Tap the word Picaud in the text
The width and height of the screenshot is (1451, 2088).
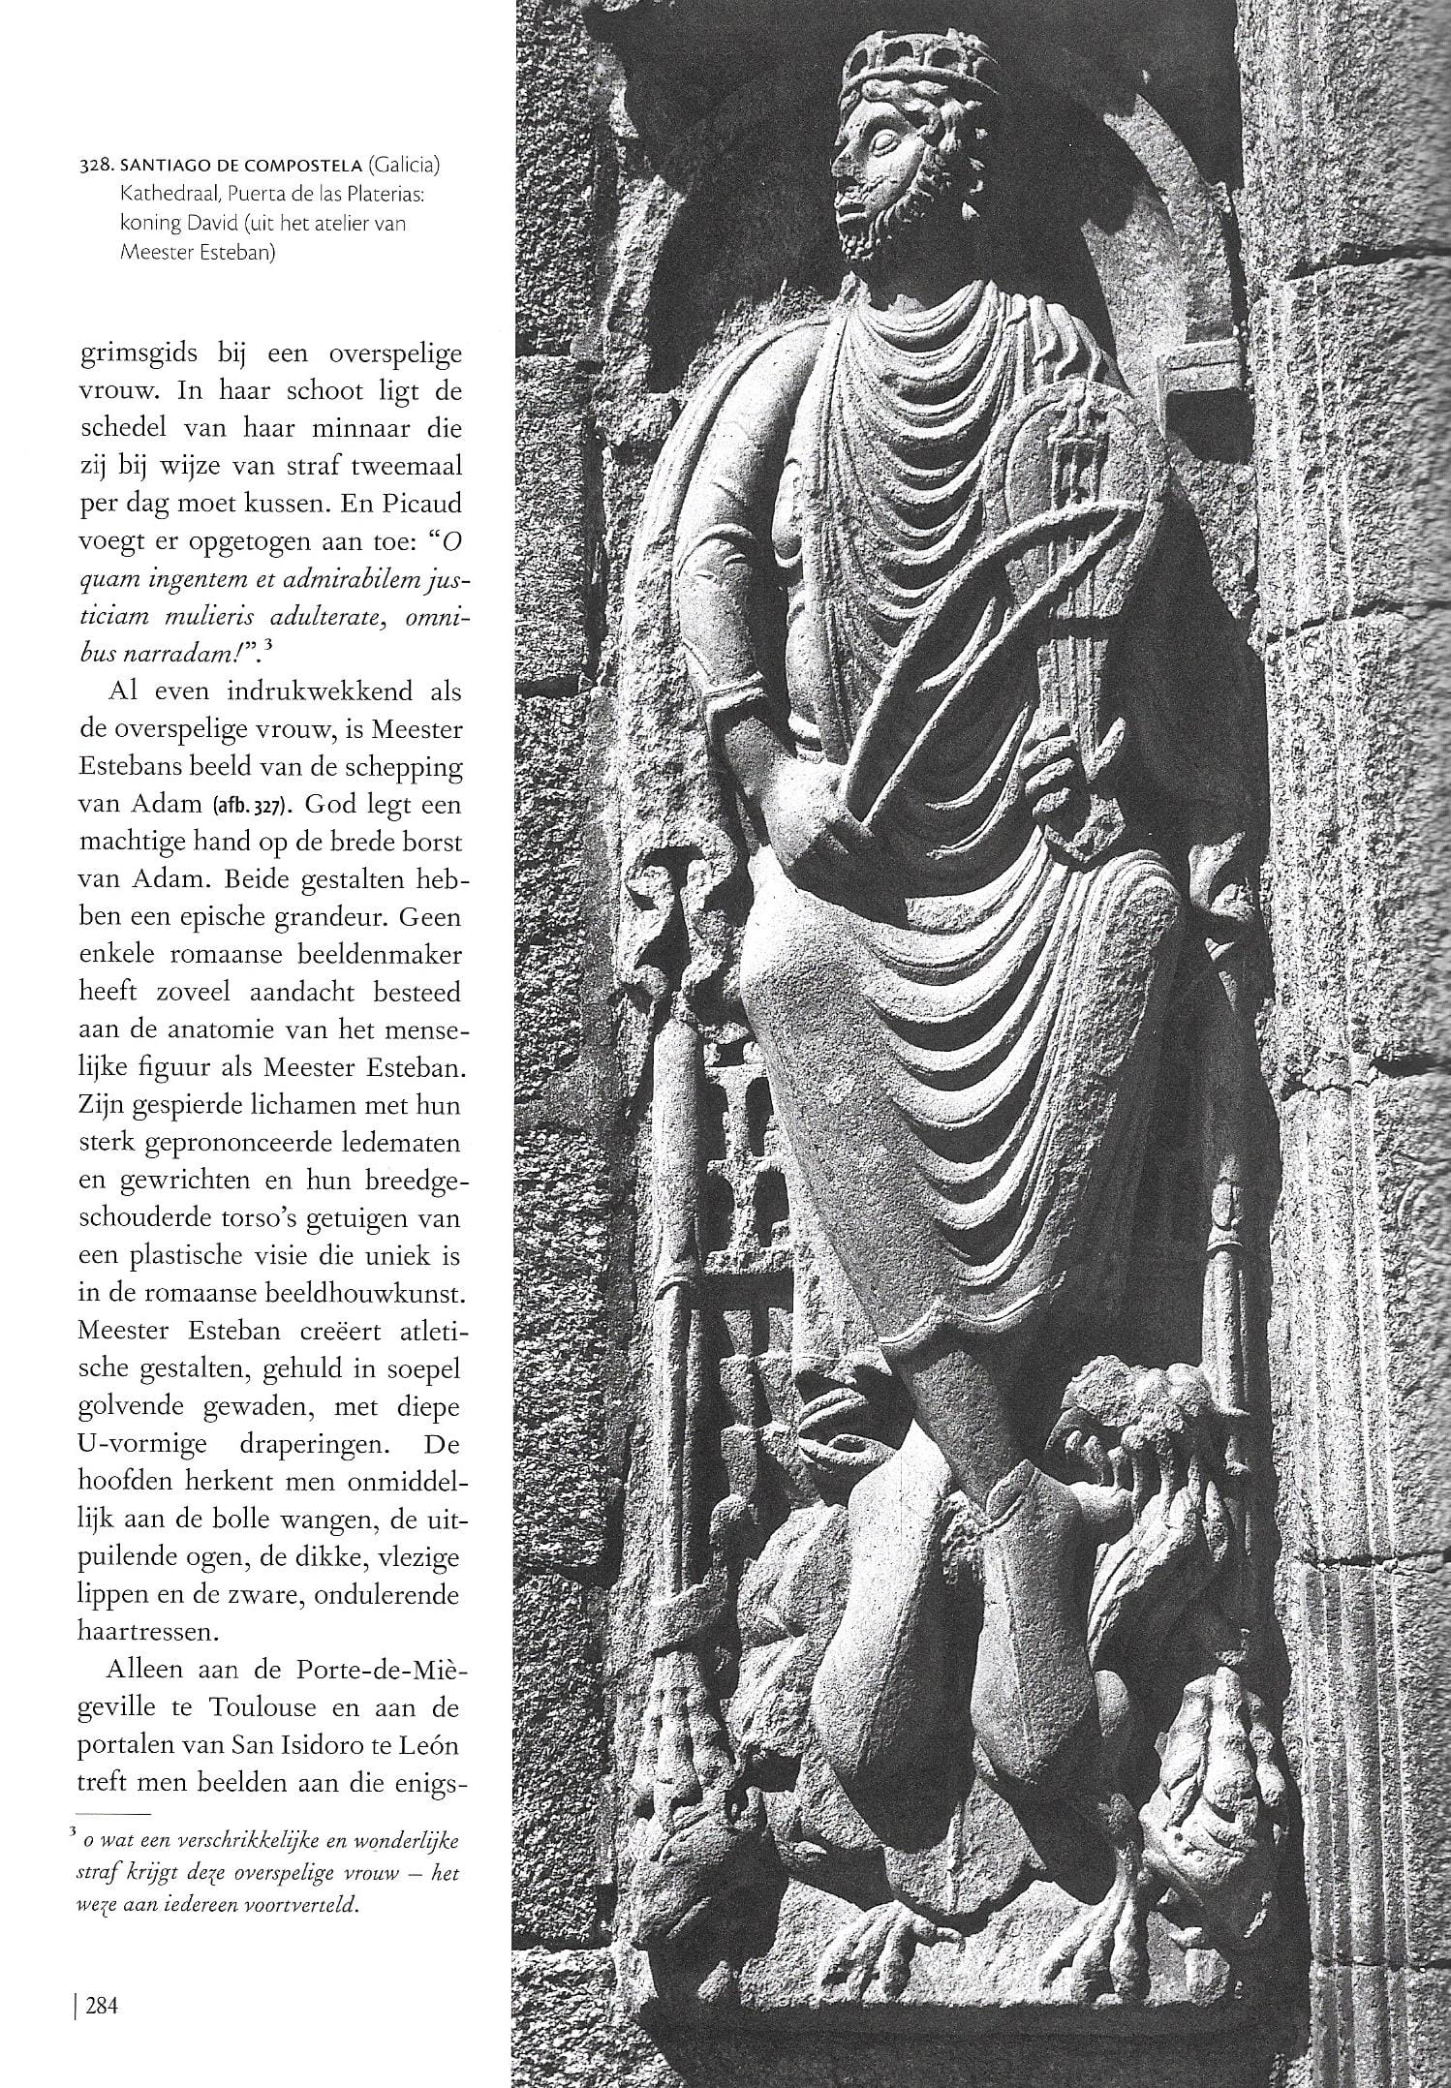[424, 506]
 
